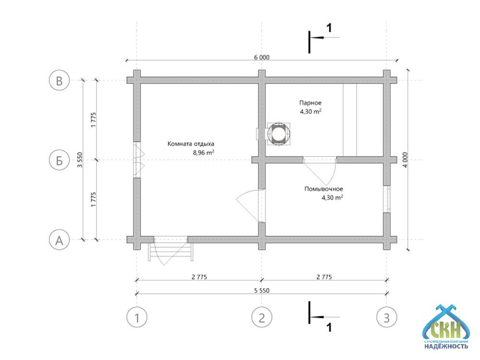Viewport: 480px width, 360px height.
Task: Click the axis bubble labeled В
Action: (60, 81)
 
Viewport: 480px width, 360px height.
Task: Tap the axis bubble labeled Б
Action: (60, 160)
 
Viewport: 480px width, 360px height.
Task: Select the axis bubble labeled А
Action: (60, 240)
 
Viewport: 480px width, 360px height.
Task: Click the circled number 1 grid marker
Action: (137, 317)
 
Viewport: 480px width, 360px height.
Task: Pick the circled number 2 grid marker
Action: (262, 317)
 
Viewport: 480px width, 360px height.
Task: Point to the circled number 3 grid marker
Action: (386, 317)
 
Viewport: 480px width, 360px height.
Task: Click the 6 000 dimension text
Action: (261, 57)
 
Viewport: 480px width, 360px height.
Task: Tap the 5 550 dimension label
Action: (261, 290)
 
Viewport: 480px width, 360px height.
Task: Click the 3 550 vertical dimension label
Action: (80, 160)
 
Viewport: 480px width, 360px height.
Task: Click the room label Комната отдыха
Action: (191, 144)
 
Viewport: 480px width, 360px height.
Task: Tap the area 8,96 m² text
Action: (203, 153)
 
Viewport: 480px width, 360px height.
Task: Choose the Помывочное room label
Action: (324, 189)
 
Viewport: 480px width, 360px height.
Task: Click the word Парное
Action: (310, 103)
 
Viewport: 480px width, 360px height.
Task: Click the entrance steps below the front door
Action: (170, 250)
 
